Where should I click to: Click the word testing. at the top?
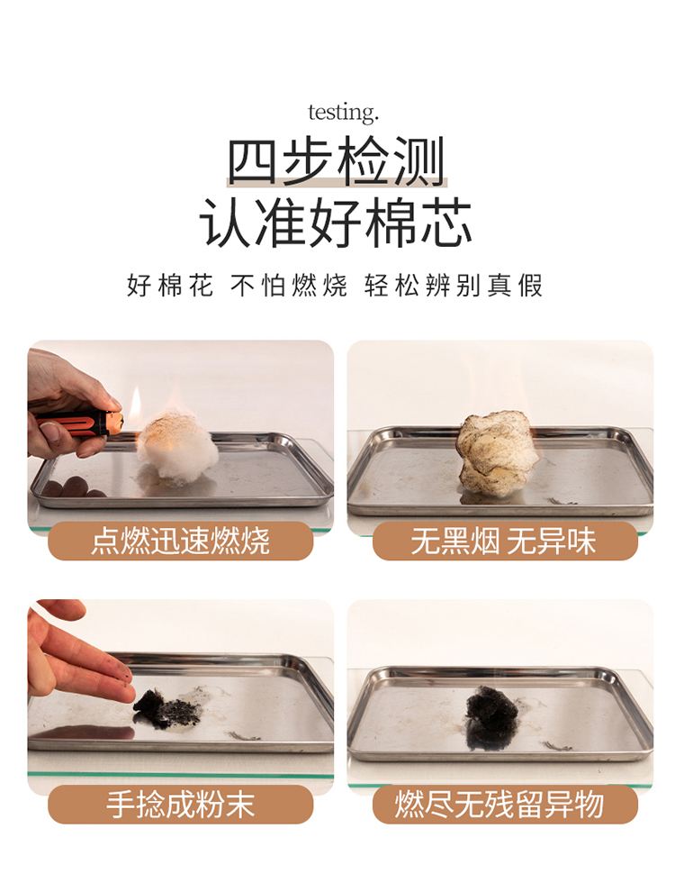(x=343, y=113)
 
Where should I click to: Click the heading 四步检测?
(x=337, y=161)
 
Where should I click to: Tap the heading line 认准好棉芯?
(x=336, y=223)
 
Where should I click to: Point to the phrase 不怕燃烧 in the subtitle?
(x=289, y=286)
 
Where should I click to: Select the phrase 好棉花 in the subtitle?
(x=170, y=286)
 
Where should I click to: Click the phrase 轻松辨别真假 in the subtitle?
(x=454, y=286)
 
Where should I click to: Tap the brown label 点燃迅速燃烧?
(x=181, y=542)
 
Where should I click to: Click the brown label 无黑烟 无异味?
(x=505, y=542)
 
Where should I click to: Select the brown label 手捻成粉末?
(x=181, y=804)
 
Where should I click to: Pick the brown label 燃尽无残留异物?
(x=505, y=804)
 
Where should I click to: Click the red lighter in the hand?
(x=79, y=423)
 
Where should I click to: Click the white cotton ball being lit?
(x=178, y=446)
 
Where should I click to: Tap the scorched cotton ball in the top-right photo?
(x=494, y=453)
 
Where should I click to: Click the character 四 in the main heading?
(x=253, y=161)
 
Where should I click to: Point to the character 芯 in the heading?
(x=446, y=223)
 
